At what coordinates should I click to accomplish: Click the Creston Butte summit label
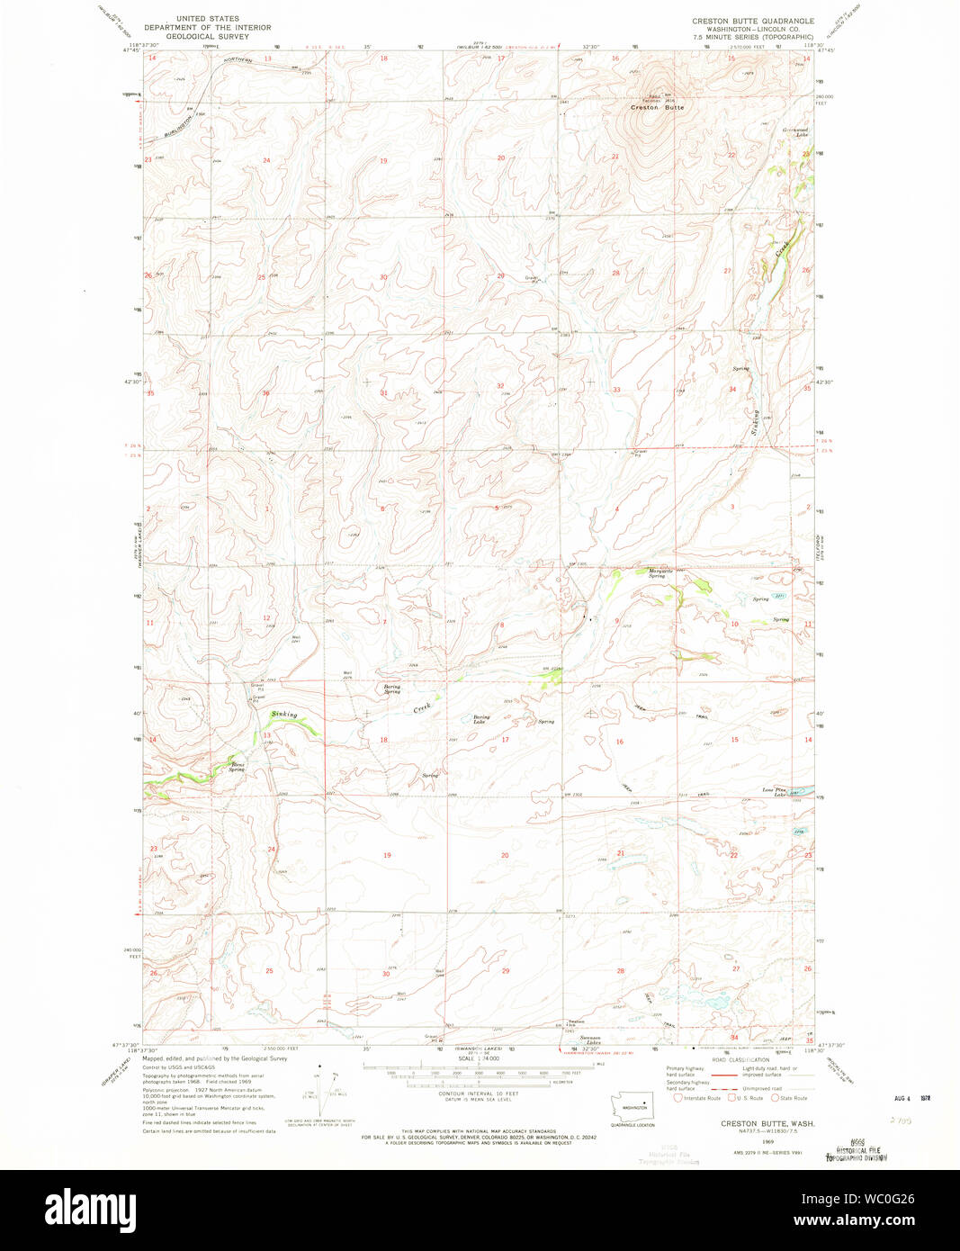click(x=657, y=108)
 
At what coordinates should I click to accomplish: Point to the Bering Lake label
click(x=480, y=719)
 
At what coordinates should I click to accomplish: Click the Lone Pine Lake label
click(x=775, y=792)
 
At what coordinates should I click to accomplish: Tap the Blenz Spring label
click(x=237, y=768)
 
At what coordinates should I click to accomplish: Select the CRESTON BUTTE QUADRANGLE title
click(x=752, y=20)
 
